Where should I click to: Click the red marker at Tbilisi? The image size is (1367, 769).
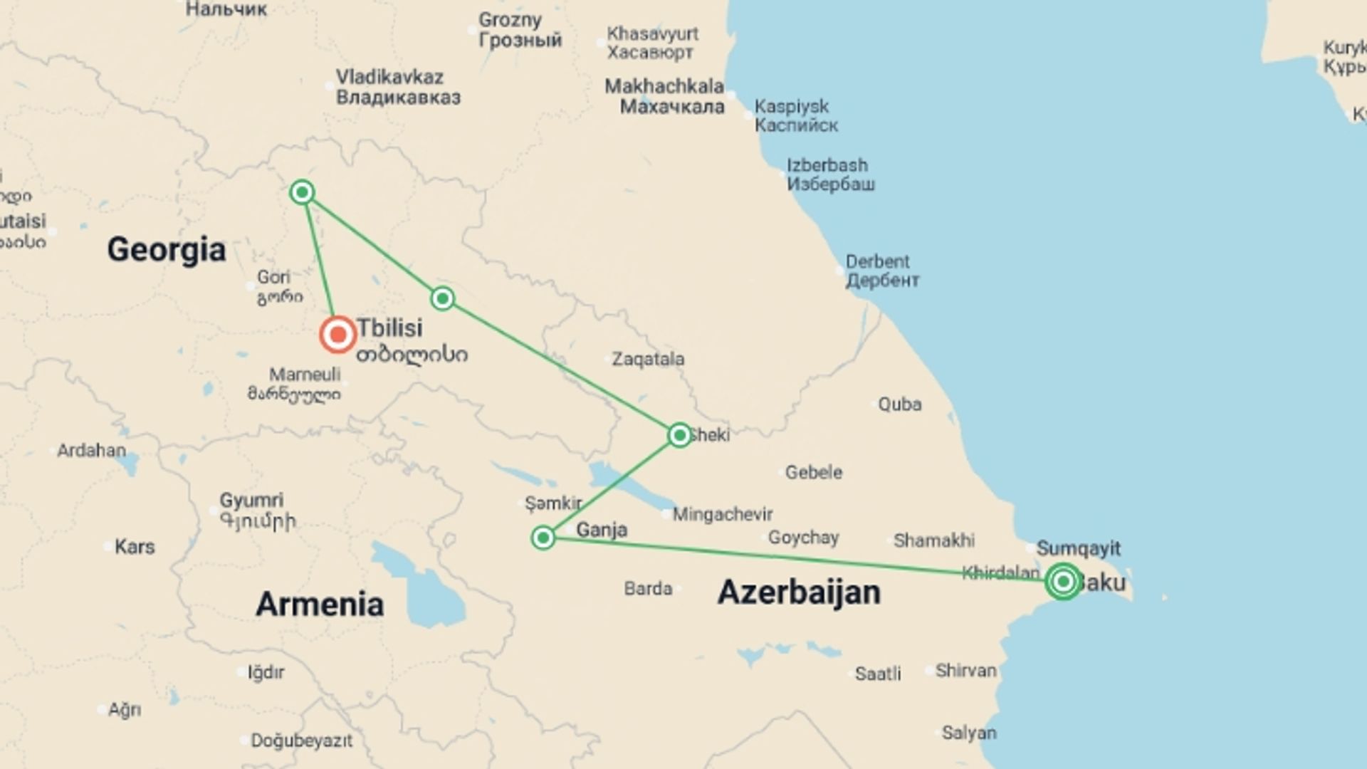tap(337, 335)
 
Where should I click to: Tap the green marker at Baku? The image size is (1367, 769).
tap(1063, 582)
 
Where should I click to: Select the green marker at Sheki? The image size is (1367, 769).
tap(679, 435)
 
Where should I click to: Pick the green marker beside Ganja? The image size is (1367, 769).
tap(543, 538)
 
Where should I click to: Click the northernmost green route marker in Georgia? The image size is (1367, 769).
tap(303, 192)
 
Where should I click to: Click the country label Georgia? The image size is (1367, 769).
tap(166, 250)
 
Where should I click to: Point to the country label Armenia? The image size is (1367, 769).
tap(319, 605)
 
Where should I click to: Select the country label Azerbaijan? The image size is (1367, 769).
tap(798, 592)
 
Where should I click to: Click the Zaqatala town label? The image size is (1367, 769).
tap(648, 359)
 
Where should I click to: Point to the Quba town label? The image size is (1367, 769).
tap(899, 404)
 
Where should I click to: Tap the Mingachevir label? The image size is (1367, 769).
tap(722, 514)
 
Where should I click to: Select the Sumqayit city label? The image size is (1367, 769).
tap(1078, 548)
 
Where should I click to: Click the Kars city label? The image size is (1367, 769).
tap(134, 547)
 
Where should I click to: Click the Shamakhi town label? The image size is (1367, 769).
tap(933, 540)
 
